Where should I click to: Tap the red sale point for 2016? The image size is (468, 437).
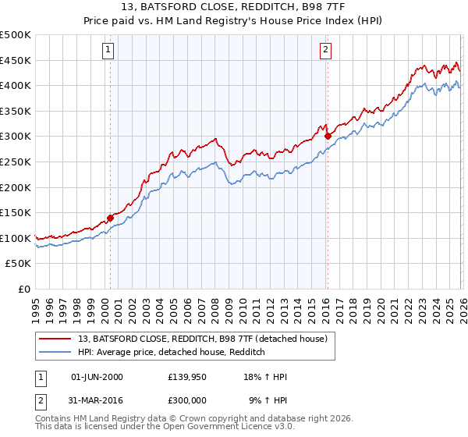328,136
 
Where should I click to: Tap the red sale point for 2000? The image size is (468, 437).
110,218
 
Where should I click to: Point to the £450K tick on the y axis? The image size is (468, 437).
16,60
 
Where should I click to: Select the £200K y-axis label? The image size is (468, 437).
16,187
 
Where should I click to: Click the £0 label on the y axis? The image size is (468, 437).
25,289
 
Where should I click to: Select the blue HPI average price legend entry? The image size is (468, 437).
172,353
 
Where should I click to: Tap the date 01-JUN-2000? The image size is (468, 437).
97,377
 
